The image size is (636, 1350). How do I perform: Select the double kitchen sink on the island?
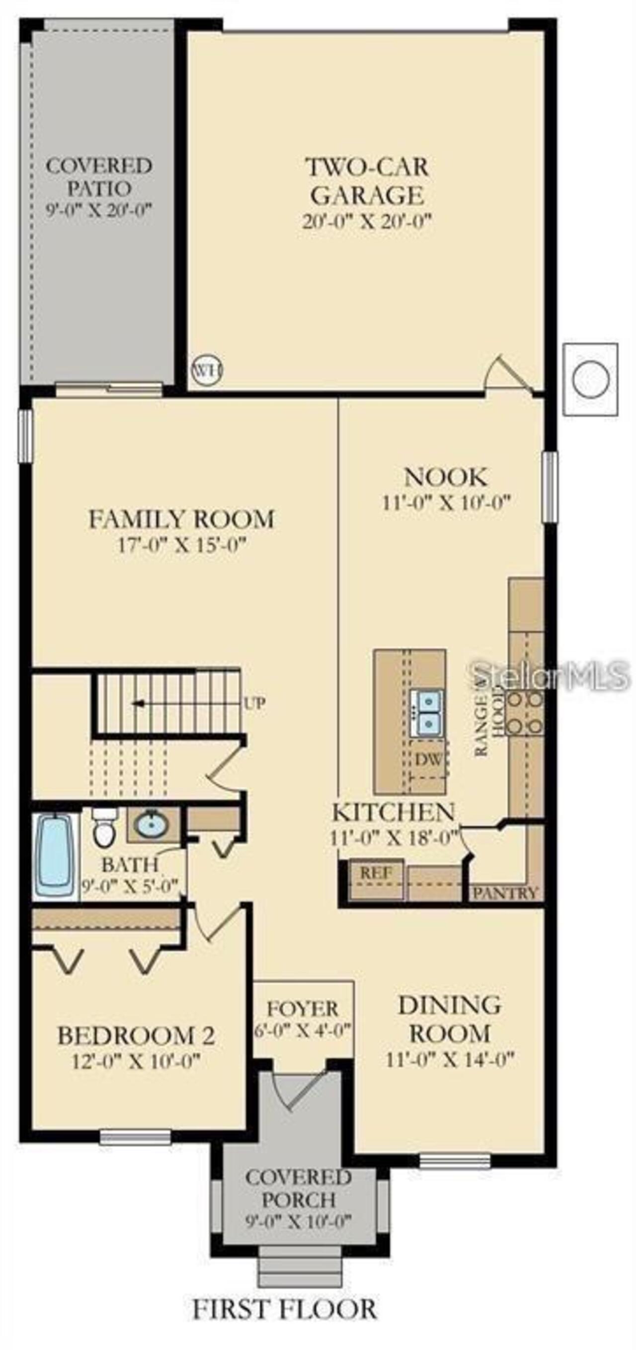point(427,711)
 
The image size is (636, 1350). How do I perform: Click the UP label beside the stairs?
point(254,703)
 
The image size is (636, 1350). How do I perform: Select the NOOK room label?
point(445,477)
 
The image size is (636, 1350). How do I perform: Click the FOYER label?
point(303,1009)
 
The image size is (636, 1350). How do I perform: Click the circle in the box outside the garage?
point(591,379)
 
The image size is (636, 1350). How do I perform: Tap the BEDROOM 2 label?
point(136,1035)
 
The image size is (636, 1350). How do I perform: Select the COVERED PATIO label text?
point(99,176)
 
